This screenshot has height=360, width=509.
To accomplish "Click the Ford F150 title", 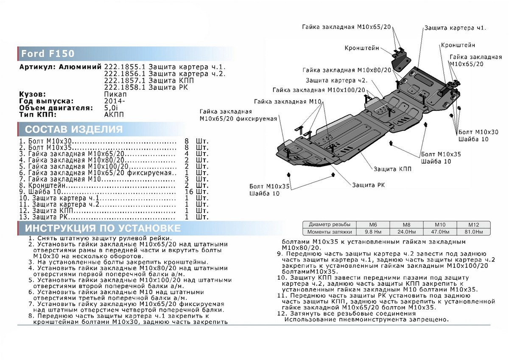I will (x=48, y=54).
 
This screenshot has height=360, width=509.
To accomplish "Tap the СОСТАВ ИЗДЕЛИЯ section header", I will (x=74, y=129).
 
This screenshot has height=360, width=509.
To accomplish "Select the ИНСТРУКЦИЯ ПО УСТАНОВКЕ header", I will (x=102, y=228).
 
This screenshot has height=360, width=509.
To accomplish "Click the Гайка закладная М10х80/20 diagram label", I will (x=347, y=70).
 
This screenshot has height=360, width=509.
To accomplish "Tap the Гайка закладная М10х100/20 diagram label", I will (x=319, y=90).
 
